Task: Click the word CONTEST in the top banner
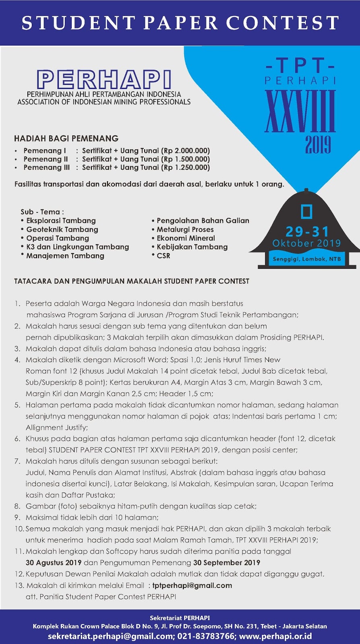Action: coord(283,23)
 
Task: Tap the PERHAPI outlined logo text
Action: coord(104,79)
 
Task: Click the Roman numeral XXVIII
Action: coord(300,111)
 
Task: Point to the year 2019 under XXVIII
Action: coord(318,145)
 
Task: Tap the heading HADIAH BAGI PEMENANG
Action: coord(66,138)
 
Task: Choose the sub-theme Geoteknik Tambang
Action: coord(62,229)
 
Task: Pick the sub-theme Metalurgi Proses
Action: coord(185,229)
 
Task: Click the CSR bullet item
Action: coord(163,256)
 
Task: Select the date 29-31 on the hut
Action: coord(307,231)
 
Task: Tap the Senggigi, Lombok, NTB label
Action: coord(307,259)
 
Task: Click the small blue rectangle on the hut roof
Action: coord(307,212)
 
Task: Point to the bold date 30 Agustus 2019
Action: coord(54,563)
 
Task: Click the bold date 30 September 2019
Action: coord(227,563)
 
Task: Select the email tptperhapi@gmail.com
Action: coord(192,586)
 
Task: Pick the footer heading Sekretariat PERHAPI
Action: coord(180,618)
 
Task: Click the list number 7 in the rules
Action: coord(17,461)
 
